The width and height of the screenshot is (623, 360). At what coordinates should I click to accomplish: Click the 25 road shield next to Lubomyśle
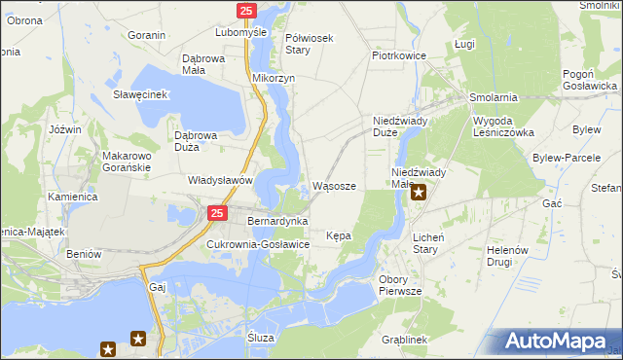tap(245, 11)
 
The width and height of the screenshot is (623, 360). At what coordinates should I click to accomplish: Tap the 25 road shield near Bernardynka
tap(217, 213)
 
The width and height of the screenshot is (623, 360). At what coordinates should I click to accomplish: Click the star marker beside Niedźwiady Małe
tap(419, 192)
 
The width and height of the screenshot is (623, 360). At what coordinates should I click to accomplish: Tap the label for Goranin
tap(146, 35)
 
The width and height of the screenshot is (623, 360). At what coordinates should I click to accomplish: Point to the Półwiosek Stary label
tap(310, 44)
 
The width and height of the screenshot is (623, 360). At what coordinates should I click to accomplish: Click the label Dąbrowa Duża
tap(200, 141)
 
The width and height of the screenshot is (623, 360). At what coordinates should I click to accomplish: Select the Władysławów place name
tap(220, 180)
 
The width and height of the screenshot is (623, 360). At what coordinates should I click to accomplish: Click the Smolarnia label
tap(493, 98)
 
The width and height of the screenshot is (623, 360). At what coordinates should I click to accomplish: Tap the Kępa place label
tap(339, 235)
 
